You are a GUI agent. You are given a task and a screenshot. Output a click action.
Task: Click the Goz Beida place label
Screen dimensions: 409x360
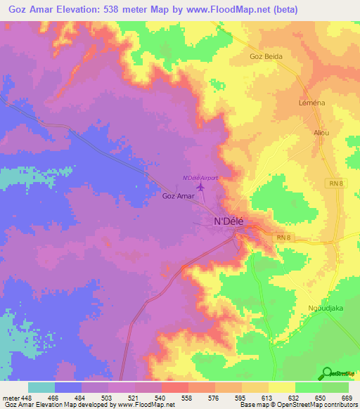(265, 56)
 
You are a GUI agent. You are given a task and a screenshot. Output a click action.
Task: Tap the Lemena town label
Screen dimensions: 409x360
(311, 103)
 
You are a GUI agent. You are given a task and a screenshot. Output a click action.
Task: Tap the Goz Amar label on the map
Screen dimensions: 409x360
(178, 197)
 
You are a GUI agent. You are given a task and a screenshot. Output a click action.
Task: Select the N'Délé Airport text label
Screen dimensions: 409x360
(200, 178)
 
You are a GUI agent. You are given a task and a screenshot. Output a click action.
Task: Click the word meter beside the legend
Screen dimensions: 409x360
(9, 397)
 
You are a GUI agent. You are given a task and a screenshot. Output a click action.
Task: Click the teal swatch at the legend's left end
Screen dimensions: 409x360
(41, 387)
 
